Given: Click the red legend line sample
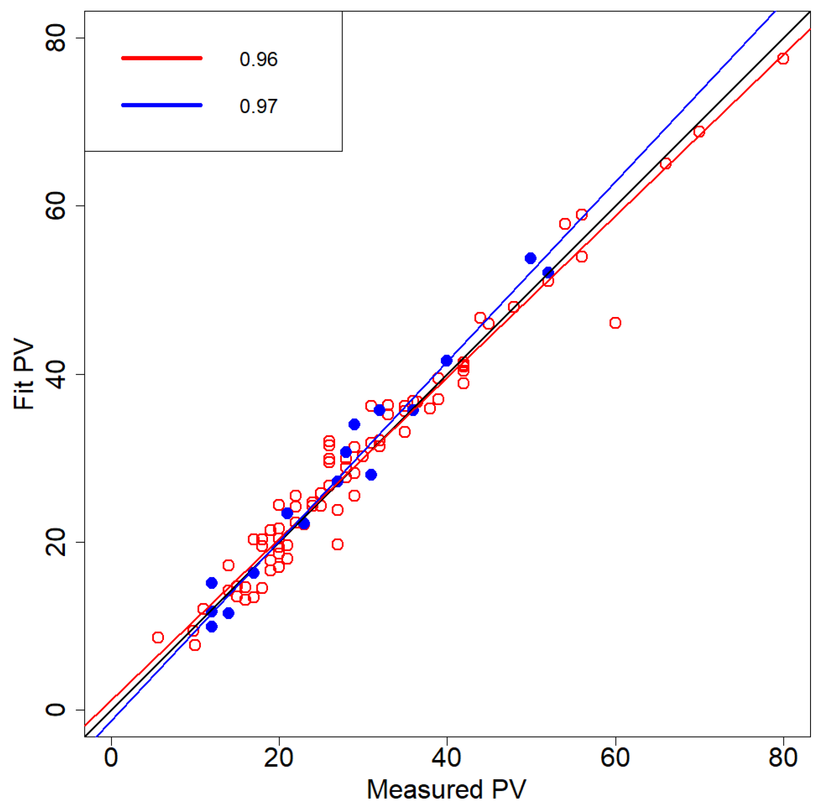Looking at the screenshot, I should pyautogui.click(x=161, y=58).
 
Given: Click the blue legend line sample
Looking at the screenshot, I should pyautogui.click(x=161, y=105).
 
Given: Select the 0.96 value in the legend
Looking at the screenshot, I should pyautogui.click(x=258, y=59).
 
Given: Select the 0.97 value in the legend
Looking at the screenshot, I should pyautogui.click(x=258, y=106).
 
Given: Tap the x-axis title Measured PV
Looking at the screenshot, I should pyautogui.click(x=446, y=789).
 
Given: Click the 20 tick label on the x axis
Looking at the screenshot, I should pyautogui.click(x=278, y=758).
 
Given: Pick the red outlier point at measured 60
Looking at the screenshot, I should pyautogui.click(x=615, y=323).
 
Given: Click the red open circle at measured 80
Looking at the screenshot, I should pyautogui.click(x=783, y=58).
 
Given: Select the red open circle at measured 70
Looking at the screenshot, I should pyautogui.click(x=699, y=132).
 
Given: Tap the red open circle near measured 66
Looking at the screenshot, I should pyautogui.click(x=665, y=163).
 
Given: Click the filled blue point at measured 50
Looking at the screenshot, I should pyautogui.click(x=530, y=258).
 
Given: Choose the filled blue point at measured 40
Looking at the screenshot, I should pyautogui.click(x=446, y=360).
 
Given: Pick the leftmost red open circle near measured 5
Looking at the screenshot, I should pyautogui.click(x=158, y=637).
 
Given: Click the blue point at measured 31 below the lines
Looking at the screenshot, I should pyautogui.click(x=371, y=474).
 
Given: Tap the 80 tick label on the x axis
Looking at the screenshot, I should pyautogui.click(x=783, y=758).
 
